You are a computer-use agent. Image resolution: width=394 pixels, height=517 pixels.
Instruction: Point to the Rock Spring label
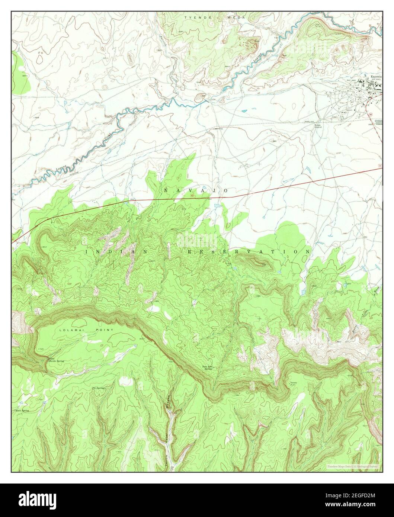click(22, 411)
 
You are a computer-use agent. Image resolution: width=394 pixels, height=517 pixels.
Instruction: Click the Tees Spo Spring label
click(207, 367)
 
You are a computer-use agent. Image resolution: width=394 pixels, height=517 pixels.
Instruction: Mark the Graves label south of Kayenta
click(349, 110)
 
